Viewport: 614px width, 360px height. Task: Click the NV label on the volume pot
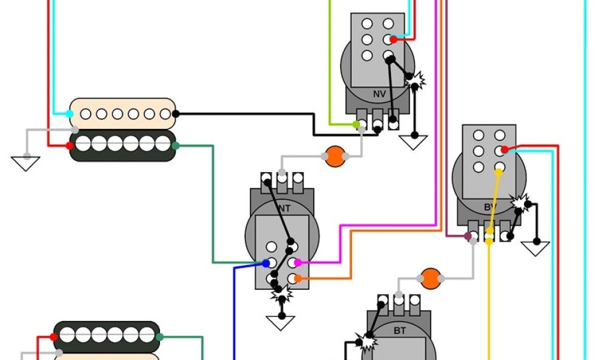click(x=379, y=94)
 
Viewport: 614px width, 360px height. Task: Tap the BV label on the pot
click(x=490, y=208)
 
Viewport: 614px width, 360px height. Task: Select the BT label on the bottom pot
click(x=400, y=330)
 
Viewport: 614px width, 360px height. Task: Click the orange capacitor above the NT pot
click(x=335, y=157)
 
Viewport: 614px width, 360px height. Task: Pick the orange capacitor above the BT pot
click(x=430, y=278)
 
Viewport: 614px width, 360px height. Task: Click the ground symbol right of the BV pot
click(x=535, y=247)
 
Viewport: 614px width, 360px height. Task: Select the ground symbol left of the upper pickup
click(x=25, y=163)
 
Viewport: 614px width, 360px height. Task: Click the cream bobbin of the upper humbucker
click(x=123, y=113)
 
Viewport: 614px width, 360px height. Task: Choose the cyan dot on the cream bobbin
click(x=71, y=113)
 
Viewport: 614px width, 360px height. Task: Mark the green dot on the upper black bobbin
click(x=176, y=145)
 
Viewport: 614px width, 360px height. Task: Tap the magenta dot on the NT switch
click(x=297, y=263)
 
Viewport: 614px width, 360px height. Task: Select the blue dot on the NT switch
click(x=266, y=263)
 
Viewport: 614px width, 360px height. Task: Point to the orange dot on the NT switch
click(x=297, y=278)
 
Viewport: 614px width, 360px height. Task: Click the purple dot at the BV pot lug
click(x=467, y=237)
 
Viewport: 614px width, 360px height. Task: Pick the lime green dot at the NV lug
click(x=356, y=125)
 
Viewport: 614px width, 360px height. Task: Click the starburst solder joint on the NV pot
click(x=416, y=79)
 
